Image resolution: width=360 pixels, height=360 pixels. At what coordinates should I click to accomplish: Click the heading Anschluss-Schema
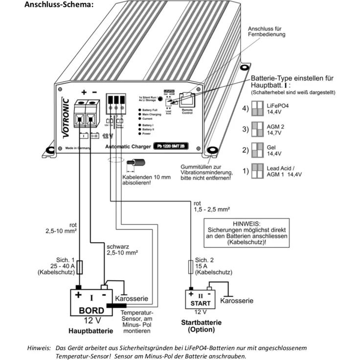[55, 5]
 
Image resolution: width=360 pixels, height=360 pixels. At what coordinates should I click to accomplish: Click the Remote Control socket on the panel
[187, 101]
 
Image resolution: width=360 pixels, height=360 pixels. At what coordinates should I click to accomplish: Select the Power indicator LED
[140, 134]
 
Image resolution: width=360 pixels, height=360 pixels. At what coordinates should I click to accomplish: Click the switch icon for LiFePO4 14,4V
[257, 109]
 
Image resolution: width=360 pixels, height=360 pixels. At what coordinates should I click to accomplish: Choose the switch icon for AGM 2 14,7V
[257, 129]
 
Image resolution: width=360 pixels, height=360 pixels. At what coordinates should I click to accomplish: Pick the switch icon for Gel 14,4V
[257, 149]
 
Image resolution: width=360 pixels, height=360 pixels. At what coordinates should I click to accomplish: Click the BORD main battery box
[91, 303]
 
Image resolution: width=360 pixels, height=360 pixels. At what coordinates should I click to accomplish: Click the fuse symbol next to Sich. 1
[79, 267]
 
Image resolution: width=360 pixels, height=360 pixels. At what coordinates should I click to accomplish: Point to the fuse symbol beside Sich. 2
[190, 267]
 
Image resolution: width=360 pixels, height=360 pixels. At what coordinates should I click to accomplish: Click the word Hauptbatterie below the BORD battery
[91, 331]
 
